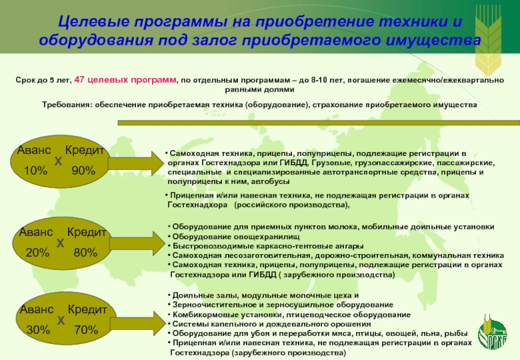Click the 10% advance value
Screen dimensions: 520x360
click(36, 170)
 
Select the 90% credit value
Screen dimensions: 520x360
click(84, 170)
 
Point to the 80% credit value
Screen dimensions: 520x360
click(85, 253)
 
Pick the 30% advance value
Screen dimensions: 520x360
click(38, 330)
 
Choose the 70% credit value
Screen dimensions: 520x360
click(86, 330)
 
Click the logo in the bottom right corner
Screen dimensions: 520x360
click(494, 331)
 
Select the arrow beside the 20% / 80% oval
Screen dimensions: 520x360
click(134, 244)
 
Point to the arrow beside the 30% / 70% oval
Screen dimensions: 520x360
click(134, 319)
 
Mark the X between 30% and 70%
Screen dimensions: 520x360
click(60, 320)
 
